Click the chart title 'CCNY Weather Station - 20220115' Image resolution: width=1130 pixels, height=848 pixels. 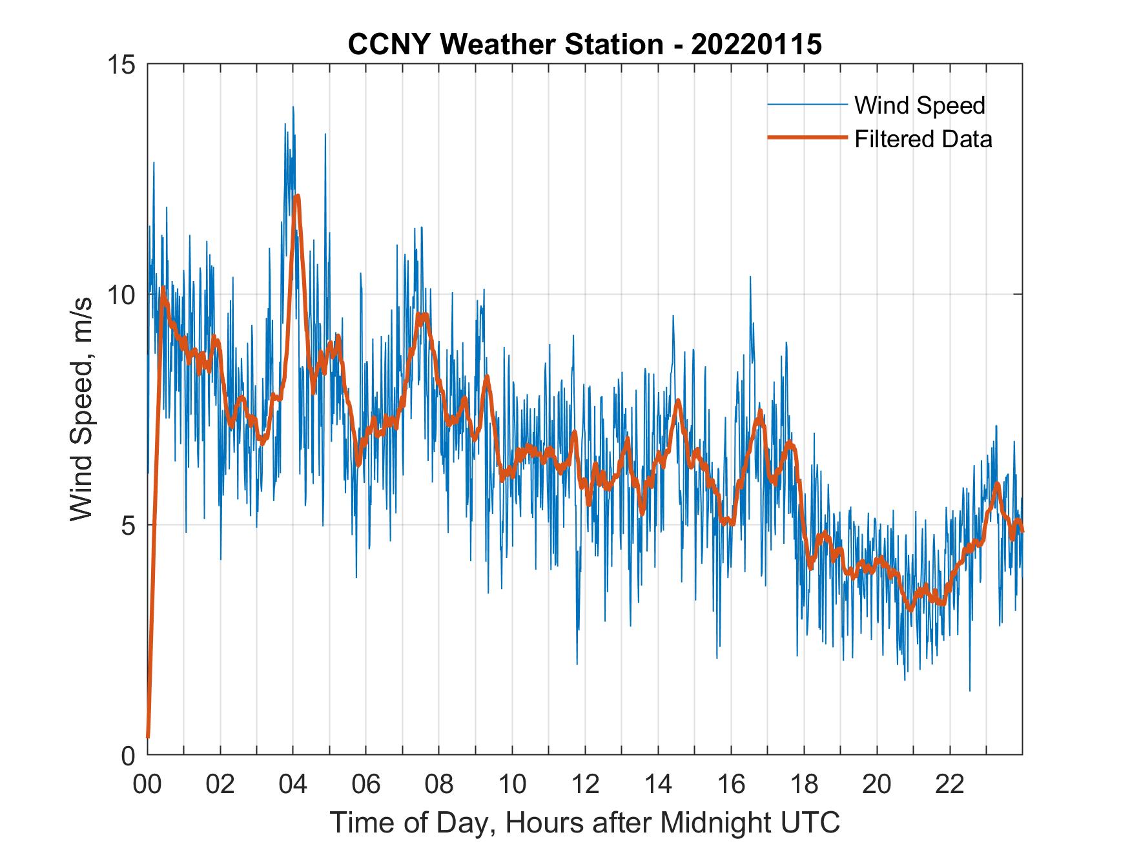click(584, 45)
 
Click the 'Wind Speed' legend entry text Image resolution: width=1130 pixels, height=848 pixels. click(919, 105)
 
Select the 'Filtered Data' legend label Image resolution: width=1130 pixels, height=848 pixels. click(923, 139)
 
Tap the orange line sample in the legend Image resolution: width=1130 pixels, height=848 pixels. click(807, 138)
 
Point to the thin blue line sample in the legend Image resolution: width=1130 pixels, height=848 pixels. click(807, 105)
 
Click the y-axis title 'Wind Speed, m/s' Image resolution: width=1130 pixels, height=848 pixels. click(82, 408)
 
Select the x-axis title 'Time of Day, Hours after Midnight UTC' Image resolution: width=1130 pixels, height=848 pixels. click(585, 822)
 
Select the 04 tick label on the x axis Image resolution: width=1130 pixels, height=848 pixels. click(293, 784)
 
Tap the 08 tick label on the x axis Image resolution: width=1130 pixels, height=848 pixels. click(439, 784)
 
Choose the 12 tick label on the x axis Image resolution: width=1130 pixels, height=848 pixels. click(585, 784)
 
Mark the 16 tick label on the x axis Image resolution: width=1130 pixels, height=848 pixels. click(731, 784)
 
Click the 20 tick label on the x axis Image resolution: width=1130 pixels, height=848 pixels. click(877, 784)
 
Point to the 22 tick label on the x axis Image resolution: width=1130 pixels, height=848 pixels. click(950, 784)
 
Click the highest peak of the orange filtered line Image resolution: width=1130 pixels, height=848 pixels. click(297, 196)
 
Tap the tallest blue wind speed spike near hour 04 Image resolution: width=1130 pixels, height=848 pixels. click(293, 107)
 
